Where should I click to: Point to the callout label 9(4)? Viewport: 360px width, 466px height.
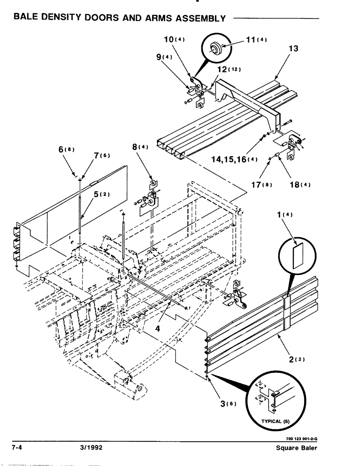[x=164, y=57]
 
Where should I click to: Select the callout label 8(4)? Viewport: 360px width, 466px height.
[x=140, y=147]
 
